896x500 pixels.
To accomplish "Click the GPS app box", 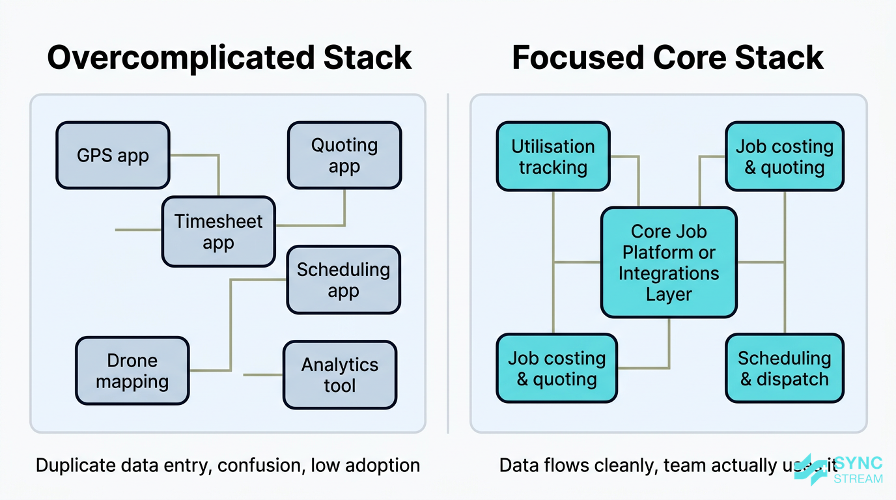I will [113, 156].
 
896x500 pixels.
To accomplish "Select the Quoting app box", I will [344, 156].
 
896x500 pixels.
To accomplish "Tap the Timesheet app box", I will [218, 232].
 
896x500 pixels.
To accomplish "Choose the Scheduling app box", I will [343, 280].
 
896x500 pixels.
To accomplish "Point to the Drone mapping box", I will [132, 371].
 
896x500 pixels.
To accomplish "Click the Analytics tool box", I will [339, 375].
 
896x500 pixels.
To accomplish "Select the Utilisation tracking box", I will [553, 157].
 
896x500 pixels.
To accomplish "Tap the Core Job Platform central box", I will [669, 262].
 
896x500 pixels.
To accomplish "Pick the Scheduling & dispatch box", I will [784, 368].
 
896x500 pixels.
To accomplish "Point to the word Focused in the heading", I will [577, 58].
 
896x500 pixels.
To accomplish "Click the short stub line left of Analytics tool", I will [263, 375].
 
